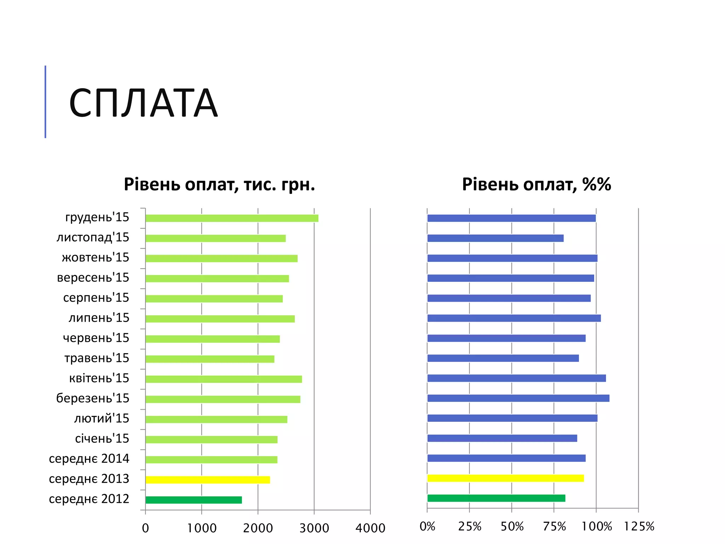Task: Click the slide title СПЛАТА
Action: pos(143,103)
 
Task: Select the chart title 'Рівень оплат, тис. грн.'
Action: pos(219,185)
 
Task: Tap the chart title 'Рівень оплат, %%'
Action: pos(536,185)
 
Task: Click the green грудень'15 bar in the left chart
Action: pos(232,218)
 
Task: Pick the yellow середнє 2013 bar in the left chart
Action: pos(207,480)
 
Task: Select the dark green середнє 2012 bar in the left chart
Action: pos(194,500)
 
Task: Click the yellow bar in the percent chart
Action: pos(505,478)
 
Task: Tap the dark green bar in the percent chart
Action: pos(496,498)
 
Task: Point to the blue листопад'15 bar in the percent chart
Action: pos(495,238)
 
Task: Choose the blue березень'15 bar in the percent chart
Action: pos(518,398)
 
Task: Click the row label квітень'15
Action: pos(99,378)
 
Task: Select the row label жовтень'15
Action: pos(96,257)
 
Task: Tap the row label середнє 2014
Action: pos(89,459)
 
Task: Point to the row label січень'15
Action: pos(102,438)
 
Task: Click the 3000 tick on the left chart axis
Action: pos(314,528)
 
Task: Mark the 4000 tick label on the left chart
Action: pos(370,528)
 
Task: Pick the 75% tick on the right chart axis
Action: pos(554,527)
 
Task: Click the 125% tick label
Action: pos(639,527)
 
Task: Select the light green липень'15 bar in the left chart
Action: pos(220,319)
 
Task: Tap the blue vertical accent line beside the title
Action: pos(45,102)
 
